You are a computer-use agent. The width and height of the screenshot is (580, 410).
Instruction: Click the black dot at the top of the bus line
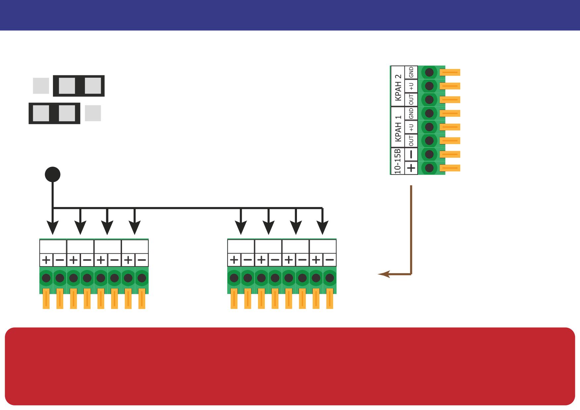click(53, 174)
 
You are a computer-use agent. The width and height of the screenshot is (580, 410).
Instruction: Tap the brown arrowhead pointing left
click(384, 274)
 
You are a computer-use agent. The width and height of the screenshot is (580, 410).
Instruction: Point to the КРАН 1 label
click(398, 128)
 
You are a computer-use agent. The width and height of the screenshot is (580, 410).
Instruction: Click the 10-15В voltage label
click(398, 161)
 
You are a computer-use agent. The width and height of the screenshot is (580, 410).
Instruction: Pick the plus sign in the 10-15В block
click(411, 168)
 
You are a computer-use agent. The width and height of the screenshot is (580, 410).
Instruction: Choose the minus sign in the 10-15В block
click(411, 154)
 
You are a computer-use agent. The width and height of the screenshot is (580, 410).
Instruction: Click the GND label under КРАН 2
click(411, 72)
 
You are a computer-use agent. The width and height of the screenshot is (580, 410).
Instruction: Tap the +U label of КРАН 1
click(411, 127)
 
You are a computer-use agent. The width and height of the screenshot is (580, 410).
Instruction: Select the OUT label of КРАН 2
click(411, 100)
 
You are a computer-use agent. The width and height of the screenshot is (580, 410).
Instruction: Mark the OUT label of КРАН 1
click(411, 141)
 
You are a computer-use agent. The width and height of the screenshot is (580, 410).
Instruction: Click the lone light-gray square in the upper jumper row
click(41, 86)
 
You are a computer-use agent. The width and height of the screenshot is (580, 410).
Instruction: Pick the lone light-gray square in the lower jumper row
click(93, 113)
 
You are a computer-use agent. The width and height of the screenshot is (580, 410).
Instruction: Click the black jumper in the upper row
click(79, 86)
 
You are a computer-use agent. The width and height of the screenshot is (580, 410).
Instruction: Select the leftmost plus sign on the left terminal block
click(46, 260)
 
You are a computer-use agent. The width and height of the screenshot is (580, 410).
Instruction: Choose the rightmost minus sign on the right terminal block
click(330, 260)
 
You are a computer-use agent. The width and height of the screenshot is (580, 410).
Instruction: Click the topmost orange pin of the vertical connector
click(450, 72)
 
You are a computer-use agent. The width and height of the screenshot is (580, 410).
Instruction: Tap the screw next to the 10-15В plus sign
click(429, 168)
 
